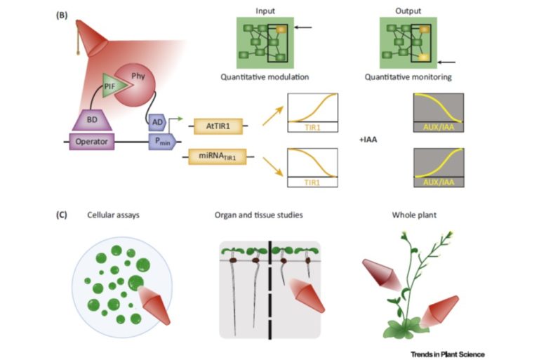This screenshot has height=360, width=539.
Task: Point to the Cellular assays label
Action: point(114,215)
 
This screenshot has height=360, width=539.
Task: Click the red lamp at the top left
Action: point(88,32)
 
